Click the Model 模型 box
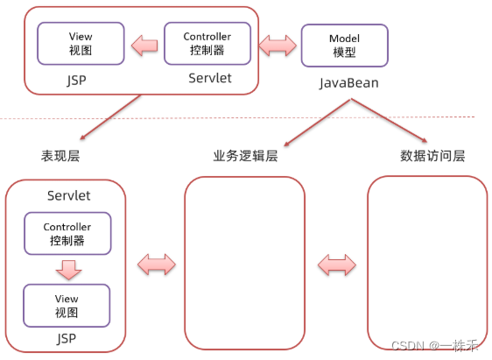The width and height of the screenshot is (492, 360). [332, 45]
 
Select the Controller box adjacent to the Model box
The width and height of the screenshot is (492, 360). [207, 43]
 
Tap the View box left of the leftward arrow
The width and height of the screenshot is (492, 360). [81, 43]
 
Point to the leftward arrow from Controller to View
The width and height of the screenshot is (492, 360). [144, 44]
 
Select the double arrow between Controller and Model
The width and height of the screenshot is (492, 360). [276, 44]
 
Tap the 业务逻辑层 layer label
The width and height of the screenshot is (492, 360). [245, 156]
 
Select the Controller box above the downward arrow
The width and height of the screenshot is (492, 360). [67, 233]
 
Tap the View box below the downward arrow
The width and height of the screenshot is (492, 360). [67, 304]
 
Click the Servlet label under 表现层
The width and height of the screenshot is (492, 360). [68, 195]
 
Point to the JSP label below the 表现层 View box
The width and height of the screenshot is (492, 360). [67, 337]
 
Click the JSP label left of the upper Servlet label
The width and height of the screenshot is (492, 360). [76, 79]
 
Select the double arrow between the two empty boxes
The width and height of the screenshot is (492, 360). [335, 263]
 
